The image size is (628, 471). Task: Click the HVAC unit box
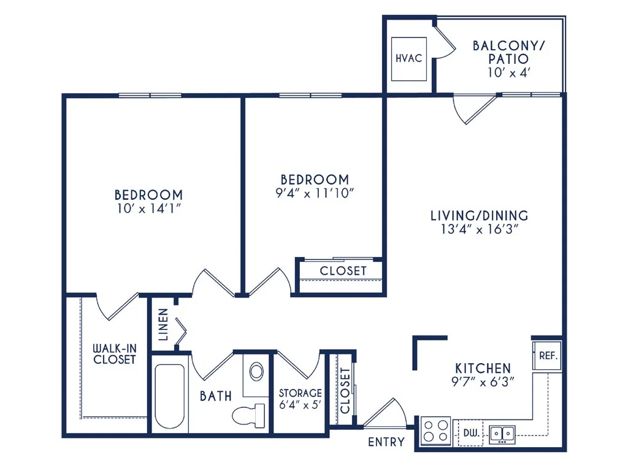pos(408,59)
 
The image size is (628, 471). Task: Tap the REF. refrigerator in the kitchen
pos(547,356)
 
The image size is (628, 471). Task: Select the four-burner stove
pos(436,431)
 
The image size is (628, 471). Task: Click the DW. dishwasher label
pos(472,432)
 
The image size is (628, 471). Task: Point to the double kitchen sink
pos(502,434)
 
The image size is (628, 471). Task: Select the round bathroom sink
pos(256,371)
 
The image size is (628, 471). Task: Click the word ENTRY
pos(386,442)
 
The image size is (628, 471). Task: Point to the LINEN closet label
pos(163,324)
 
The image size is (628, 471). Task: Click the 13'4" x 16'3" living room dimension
pos(480,229)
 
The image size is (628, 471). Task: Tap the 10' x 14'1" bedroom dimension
pos(149,209)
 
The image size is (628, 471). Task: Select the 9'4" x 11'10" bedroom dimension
pos(315,193)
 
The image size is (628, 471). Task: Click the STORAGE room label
pos(301,393)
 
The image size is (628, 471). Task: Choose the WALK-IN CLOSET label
pos(115,354)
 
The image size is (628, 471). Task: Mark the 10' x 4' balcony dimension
pos(509,72)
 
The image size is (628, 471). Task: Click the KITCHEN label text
pos(483,368)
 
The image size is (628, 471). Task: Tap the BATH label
pos(216,396)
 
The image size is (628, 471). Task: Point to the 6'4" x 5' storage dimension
pos(301,405)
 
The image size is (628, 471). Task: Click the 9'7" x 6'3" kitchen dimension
pos(483,381)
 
